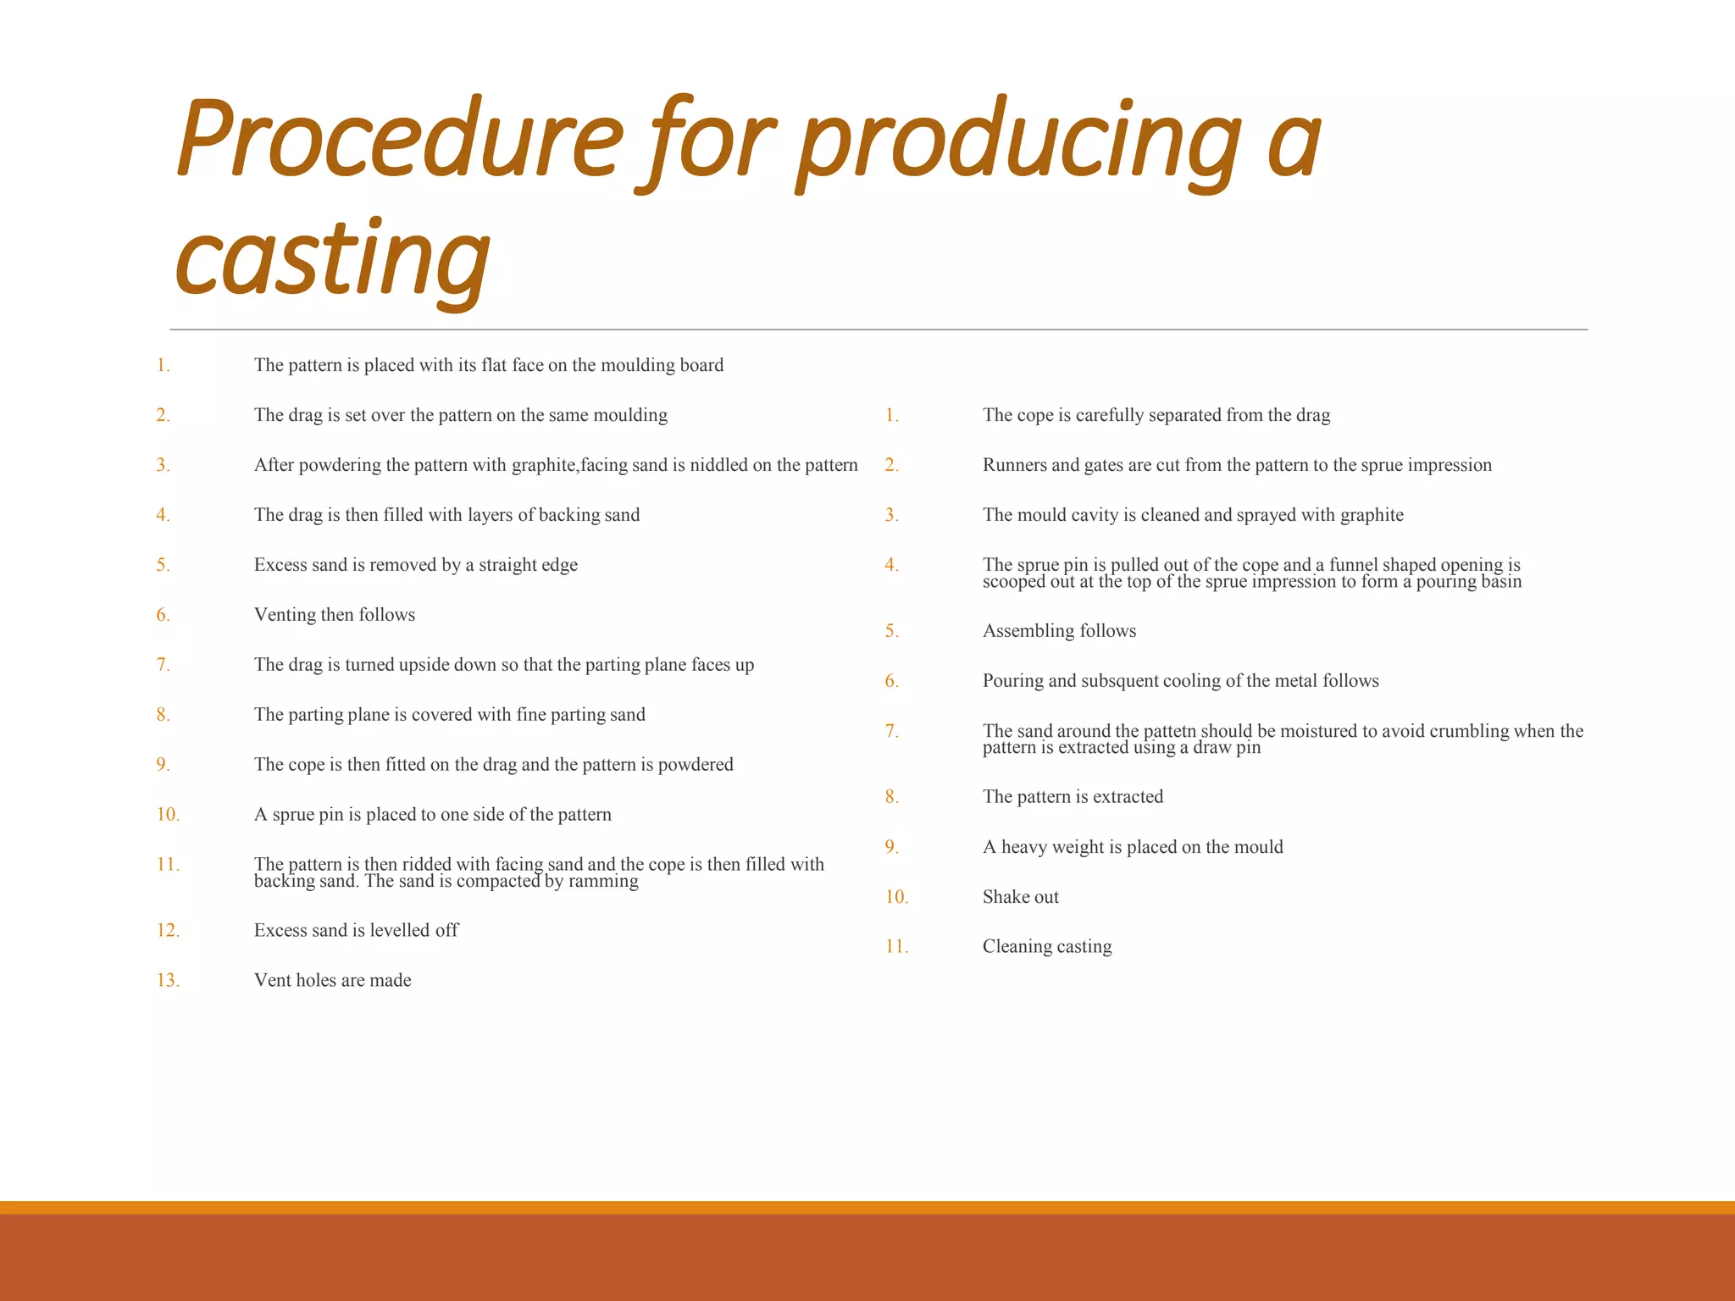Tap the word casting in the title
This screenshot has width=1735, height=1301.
pos(332,257)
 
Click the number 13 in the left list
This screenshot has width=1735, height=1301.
pos(167,981)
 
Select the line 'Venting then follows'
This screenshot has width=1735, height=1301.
pos(335,615)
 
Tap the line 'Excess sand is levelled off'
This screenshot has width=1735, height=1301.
pos(356,931)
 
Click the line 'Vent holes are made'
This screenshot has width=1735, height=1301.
pos(332,981)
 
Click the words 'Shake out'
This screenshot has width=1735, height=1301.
pos(1020,897)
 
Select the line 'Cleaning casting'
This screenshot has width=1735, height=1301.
pos(1046,947)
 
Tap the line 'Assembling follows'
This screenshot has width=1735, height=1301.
pos(1059,631)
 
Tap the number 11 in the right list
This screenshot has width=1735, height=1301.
pos(895,947)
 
